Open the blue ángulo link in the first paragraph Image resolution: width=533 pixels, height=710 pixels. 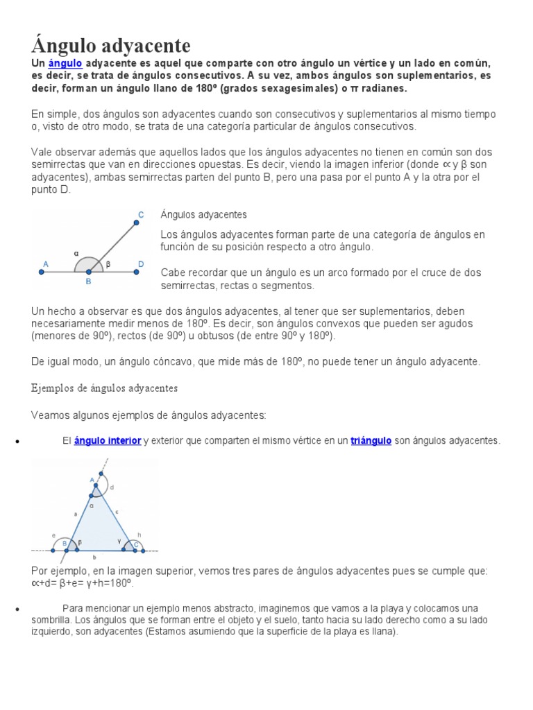click(65, 63)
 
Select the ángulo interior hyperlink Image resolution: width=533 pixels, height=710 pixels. click(108, 440)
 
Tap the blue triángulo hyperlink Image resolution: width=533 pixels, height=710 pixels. click(371, 440)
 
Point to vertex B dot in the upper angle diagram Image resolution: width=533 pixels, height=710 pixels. click(88, 272)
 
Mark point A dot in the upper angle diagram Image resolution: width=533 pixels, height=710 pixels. click(42, 272)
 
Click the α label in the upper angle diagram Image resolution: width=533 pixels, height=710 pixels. click(77, 254)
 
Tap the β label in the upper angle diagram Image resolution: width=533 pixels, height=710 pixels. click(108, 264)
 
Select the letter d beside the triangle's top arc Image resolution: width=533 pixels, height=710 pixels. click(112, 488)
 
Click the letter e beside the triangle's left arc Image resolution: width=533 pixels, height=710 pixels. click(53, 535)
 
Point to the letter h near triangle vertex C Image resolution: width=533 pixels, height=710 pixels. click(139, 535)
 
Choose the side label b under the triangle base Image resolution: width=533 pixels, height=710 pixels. click(94, 557)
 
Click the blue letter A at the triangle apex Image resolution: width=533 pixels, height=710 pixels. click(92, 479)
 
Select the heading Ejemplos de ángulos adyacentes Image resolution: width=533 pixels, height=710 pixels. click(105, 388)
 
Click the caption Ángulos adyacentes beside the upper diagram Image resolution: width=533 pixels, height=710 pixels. click(203, 215)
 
